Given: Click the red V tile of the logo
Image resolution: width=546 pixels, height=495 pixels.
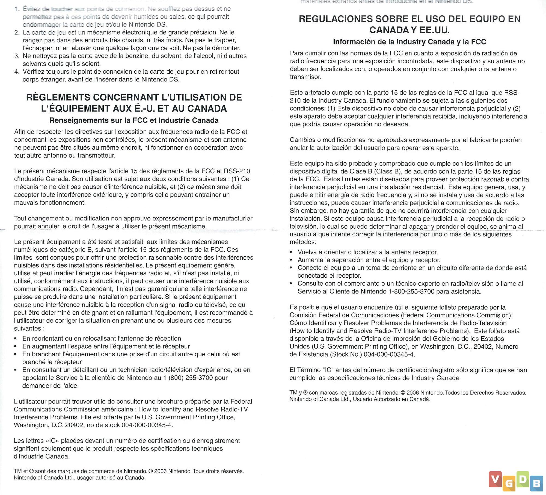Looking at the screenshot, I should [x=495, y=479].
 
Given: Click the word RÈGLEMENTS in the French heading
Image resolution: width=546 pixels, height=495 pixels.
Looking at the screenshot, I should [x=58, y=97].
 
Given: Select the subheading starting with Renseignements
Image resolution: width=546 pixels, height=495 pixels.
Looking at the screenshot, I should [x=134, y=120].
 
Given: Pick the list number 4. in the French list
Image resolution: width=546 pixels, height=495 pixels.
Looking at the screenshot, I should [x=17, y=72].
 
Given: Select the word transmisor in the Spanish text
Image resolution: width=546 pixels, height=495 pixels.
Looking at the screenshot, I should [x=305, y=77].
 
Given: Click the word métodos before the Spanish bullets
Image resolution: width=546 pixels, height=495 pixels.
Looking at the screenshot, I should [x=302, y=242].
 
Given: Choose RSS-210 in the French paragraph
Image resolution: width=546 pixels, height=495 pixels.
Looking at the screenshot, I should [x=237, y=171].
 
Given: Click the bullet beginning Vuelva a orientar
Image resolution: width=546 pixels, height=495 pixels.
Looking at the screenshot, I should [x=367, y=252].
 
